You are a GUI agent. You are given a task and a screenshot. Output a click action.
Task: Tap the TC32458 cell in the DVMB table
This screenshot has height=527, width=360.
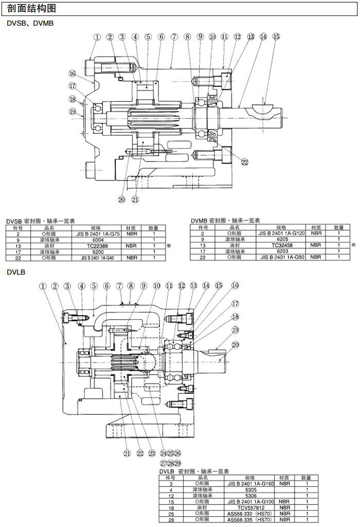click(281, 245)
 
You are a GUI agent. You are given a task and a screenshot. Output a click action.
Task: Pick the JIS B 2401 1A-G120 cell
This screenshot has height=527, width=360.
click(281, 233)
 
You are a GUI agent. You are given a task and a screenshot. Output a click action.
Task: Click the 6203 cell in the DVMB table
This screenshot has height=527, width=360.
click(281, 251)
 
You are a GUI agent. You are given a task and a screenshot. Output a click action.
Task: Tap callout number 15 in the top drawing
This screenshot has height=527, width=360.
click(276, 37)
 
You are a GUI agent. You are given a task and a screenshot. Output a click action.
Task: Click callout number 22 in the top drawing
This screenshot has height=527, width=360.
click(245, 162)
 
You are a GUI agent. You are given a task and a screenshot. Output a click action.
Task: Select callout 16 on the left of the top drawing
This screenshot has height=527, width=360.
click(73, 74)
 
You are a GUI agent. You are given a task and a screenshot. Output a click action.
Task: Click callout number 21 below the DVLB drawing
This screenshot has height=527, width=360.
click(127, 453)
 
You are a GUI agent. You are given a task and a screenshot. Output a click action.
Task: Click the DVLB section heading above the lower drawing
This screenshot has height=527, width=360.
click(16, 272)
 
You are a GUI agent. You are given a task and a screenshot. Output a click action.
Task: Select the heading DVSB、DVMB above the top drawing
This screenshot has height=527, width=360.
click(30, 23)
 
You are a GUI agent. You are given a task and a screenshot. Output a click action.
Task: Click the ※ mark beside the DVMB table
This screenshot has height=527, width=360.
click(353, 245)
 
